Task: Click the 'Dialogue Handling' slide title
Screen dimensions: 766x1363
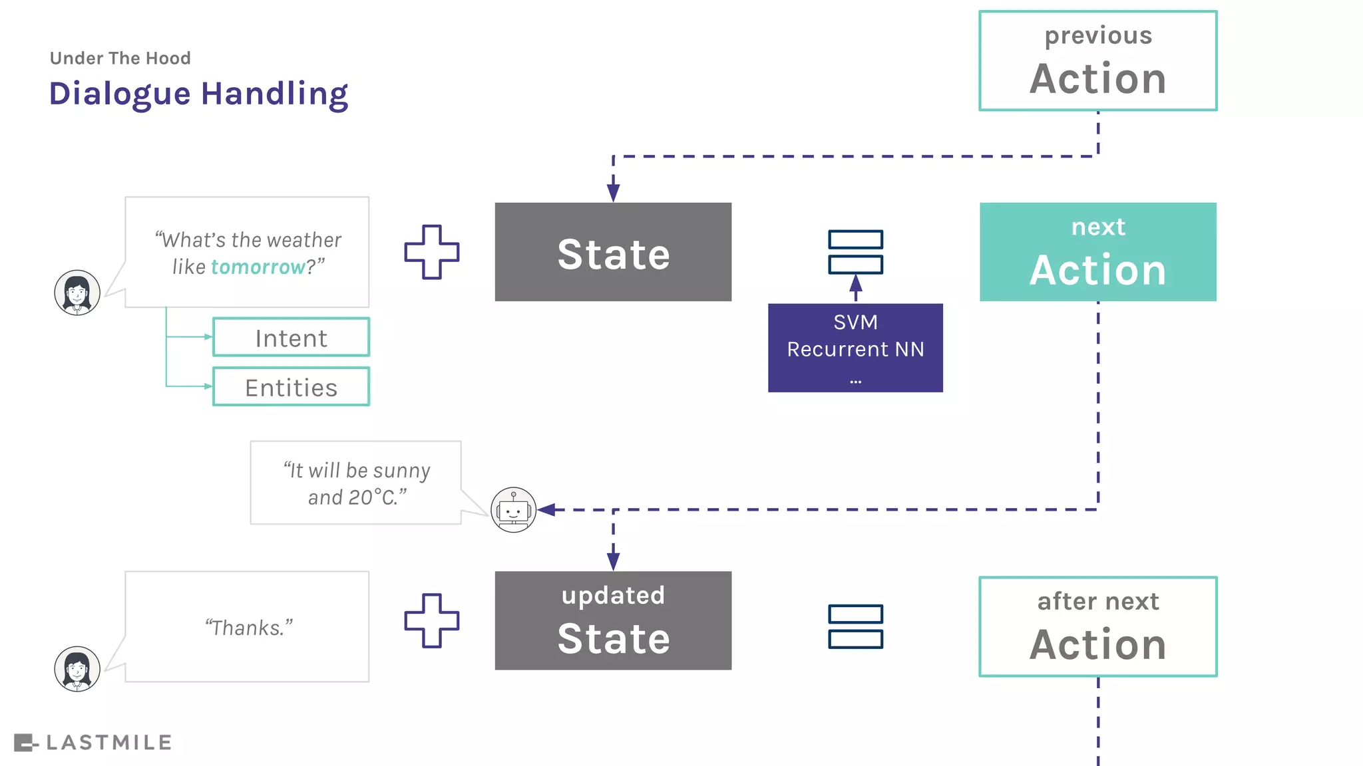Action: [x=198, y=94]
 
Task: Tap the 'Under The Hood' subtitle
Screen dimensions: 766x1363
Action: [x=120, y=59]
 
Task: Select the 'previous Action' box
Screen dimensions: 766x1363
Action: [x=1097, y=61]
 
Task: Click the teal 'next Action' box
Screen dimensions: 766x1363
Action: [x=1097, y=252]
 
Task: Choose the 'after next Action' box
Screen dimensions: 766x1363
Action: [x=1097, y=626]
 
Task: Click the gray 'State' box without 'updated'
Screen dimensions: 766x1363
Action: [x=613, y=252]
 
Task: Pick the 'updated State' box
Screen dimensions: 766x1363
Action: [x=613, y=620]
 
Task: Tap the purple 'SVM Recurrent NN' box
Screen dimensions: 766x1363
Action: [x=855, y=348]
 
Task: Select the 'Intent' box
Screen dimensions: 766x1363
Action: [x=291, y=338]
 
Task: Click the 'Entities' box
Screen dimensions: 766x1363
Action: [x=291, y=387]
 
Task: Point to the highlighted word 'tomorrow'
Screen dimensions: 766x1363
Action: [x=258, y=267]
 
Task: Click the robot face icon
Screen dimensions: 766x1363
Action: [x=513, y=510]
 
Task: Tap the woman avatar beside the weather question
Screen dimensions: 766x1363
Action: [x=77, y=293]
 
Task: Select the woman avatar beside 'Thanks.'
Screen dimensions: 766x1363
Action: [x=77, y=669]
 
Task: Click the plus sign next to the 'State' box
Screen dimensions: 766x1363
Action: [x=432, y=252]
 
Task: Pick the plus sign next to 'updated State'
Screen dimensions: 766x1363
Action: [x=432, y=620]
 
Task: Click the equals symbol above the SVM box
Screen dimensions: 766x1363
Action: [x=855, y=252]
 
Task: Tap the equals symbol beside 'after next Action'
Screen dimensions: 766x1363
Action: [x=855, y=626]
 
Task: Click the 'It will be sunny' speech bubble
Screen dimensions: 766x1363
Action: [x=356, y=483]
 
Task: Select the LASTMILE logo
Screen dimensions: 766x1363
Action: [x=93, y=743]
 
